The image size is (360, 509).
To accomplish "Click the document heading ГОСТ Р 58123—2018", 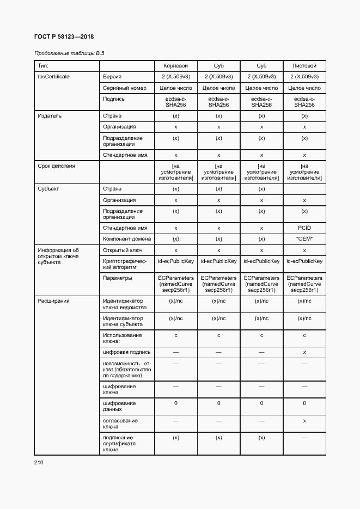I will pos(64,36).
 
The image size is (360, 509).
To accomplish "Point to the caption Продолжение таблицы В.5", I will pos(69,53).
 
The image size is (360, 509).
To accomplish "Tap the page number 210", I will pos(39,463).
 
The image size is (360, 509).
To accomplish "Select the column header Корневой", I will pos(175,65).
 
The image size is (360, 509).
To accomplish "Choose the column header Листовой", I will pos(304,65).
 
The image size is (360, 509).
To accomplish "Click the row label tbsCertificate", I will pos(53,77).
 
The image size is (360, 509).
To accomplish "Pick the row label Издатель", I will pos(50,116).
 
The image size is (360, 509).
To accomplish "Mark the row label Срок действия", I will pos(56,166).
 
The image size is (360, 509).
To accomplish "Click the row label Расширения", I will pos(53,301).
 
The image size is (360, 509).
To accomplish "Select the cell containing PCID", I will pos(304,228).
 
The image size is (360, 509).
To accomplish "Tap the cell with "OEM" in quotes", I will pos(304,239).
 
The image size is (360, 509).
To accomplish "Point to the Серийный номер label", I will pos(125,88).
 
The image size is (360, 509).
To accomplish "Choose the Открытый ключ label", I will pos(123,250).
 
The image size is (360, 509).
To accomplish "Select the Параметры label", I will pos(117,278).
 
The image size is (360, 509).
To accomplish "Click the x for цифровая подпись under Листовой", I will pos(304,352).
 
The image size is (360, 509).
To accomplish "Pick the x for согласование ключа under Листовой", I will pos(304,421).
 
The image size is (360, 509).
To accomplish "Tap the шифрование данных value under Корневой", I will pos(175,403).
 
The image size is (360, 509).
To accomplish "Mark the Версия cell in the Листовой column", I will pos(304,77).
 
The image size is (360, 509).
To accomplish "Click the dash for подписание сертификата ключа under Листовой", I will pos(304,438).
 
